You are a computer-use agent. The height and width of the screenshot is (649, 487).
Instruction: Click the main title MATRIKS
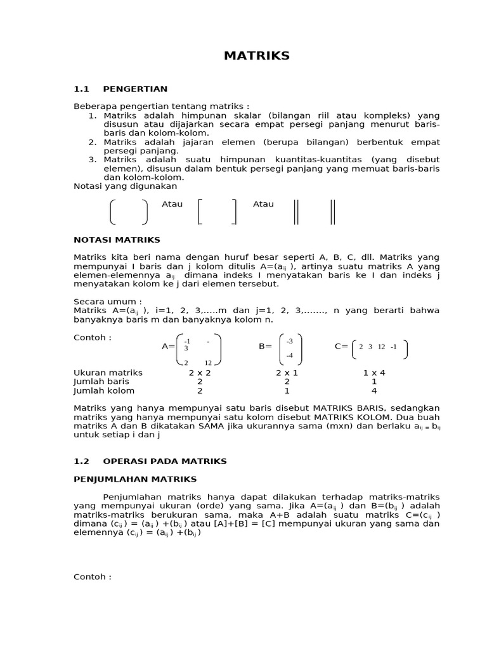coord(256,56)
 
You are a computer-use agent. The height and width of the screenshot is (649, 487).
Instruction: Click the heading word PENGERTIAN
coord(135,89)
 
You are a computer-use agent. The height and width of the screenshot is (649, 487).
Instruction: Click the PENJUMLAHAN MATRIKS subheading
coord(135,479)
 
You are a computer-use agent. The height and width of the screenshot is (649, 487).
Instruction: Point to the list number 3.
coord(92,160)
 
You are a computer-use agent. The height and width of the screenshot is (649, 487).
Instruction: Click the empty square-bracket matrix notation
coord(217,212)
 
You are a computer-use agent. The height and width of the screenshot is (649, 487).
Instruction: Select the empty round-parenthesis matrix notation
coord(129,212)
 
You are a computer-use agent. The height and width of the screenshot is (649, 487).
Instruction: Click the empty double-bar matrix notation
coord(315,212)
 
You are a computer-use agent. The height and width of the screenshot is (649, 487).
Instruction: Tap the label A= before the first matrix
coord(168,347)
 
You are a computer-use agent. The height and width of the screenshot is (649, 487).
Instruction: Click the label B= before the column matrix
coord(265,347)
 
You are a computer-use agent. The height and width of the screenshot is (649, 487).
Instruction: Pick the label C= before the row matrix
coord(341,347)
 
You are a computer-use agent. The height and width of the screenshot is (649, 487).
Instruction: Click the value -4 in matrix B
coord(289,356)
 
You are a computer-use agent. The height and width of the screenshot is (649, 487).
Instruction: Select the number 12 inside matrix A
coord(208,363)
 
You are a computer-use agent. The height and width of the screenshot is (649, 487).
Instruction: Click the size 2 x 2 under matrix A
coord(200,373)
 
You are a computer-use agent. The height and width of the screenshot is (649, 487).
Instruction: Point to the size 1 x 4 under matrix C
coord(374,373)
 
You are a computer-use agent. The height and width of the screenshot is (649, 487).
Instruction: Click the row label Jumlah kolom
coord(104,391)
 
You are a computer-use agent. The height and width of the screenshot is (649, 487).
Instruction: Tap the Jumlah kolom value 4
coord(374,391)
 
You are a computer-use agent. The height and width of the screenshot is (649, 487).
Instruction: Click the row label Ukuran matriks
coord(108,373)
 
